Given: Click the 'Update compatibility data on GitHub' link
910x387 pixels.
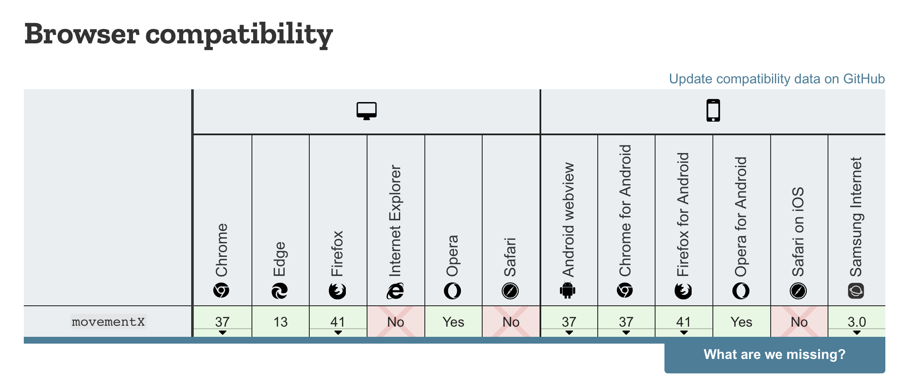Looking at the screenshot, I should [777, 79].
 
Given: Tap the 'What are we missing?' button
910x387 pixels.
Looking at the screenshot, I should [774, 355].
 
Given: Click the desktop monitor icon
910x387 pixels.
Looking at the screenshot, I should [367, 111].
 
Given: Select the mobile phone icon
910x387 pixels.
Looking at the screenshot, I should [713, 111].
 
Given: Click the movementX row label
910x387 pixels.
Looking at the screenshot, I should [108, 322].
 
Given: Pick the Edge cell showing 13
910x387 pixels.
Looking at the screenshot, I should [280, 322].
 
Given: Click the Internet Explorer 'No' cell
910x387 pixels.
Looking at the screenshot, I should [396, 322].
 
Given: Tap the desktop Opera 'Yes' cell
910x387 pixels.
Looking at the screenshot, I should [453, 322].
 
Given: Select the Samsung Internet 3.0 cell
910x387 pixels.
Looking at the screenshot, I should [856, 322].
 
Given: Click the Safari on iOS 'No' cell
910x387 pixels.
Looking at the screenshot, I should [799, 322].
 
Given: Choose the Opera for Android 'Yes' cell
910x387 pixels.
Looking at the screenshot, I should [741, 322].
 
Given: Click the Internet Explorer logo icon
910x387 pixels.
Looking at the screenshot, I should [395, 291].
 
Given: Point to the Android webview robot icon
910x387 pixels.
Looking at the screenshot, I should [568, 290].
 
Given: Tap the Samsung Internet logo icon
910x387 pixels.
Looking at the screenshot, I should [856, 291].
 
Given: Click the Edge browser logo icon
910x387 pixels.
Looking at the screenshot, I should [280, 291].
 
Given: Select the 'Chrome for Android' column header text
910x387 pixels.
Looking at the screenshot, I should [625, 211].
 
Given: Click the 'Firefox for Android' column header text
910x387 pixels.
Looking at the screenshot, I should [683, 214].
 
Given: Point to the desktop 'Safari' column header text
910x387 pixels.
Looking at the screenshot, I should [510, 257].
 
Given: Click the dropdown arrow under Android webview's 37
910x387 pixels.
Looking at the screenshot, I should [569, 333].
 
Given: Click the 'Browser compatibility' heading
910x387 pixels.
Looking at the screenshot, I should [178, 34].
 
